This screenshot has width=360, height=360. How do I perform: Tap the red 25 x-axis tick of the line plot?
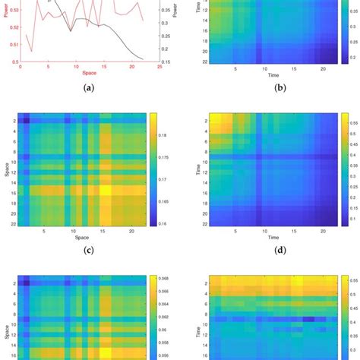pyautogui.click(x=159, y=68)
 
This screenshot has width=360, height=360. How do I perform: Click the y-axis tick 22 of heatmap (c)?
pyautogui.click(x=13, y=225)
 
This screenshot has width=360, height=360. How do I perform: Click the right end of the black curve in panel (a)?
pyautogui.click(x=144, y=59)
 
